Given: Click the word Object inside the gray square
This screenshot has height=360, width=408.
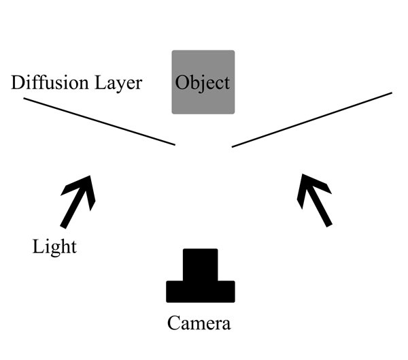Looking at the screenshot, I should [x=203, y=83].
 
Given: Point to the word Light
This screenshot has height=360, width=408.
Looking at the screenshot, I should [x=54, y=246].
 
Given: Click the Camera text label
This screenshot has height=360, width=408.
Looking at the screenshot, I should [x=199, y=323].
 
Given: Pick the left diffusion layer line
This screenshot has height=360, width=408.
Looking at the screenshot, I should [x=99, y=121].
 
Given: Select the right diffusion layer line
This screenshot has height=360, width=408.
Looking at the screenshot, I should [x=311, y=120].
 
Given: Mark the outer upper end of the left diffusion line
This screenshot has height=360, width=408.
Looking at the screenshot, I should [x=25, y=99].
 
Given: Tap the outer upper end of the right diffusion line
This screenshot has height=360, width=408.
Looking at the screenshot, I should [x=391, y=93].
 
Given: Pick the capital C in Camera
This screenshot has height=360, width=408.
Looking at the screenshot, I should [x=174, y=323].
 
